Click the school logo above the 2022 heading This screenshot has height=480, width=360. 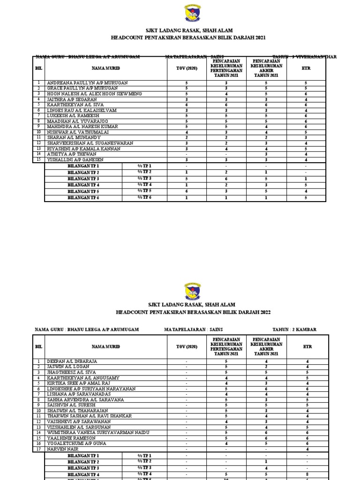(x=180, y=291)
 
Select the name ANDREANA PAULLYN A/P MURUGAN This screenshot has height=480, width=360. (x=87, y=83)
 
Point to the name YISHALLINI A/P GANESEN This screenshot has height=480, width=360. (x=78, y=160)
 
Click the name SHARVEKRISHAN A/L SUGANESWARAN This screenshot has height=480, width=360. (x=90, y=143)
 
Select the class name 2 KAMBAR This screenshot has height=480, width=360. (x=303, y=330)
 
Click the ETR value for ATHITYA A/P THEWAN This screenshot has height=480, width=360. (x=306, y=154)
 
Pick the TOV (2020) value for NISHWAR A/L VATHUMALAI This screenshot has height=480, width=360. (x=187, y=132)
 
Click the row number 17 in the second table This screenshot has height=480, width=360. (x=38, y=449)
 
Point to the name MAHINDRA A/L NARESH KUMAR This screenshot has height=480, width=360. (x=82, y=127)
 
